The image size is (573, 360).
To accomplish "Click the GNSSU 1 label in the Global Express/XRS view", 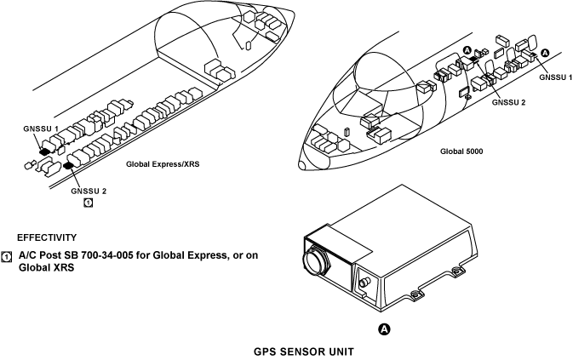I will point(40,129).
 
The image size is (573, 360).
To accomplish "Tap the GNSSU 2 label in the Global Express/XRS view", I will point(89,191).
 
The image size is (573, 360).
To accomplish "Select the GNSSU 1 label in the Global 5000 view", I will point(554,77).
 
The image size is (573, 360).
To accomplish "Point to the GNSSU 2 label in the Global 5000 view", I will point(508,102).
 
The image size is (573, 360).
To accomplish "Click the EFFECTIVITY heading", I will point(47,237).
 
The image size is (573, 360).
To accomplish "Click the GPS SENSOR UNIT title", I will point(306,351).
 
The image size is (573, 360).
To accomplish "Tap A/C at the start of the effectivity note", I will point(27,254).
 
